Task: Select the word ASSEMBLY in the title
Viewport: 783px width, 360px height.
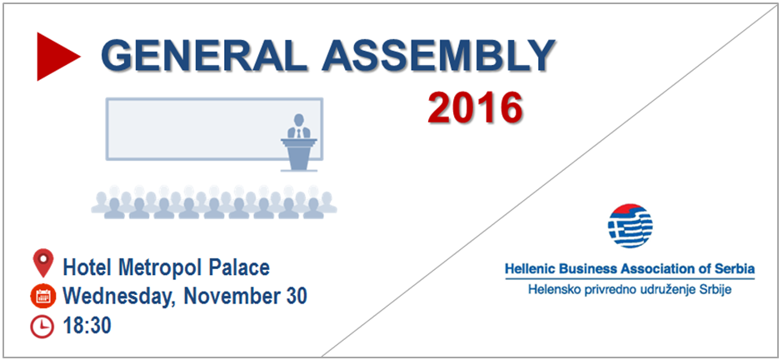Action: click(438, 55)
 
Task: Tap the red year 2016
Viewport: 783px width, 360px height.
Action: click(475, 107)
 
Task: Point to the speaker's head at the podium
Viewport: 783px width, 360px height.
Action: click(298, 120)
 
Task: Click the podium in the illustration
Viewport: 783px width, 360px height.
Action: click(298, 155)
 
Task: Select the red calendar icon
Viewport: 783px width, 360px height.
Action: click(42, 296)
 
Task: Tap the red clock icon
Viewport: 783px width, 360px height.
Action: click(42, 327)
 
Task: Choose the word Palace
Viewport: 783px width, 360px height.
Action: click(239, 268)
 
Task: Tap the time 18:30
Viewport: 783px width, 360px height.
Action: click(87, 326)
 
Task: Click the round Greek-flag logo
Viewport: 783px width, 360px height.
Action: click(631, 226)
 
